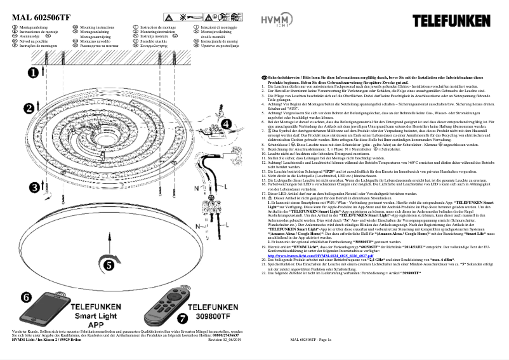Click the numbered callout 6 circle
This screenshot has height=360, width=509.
coord(25,298)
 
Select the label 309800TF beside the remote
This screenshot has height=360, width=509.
coord(216,314)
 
